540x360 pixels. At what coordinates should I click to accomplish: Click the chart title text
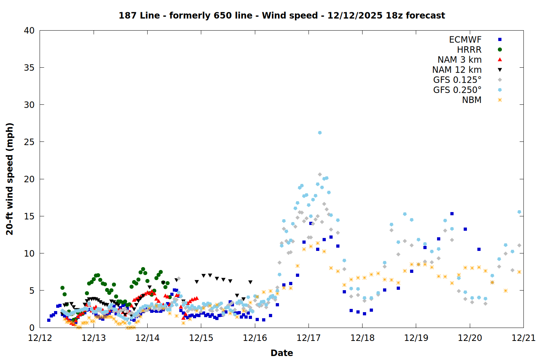(282, 15)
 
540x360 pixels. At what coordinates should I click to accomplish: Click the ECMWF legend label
(465, 40)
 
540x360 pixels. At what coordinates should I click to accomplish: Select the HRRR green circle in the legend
(500, 50)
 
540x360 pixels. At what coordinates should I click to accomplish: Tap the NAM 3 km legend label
(459, 60)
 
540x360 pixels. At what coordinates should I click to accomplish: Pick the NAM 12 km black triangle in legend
(500, 70)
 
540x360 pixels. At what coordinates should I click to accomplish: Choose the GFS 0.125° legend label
(457, 80)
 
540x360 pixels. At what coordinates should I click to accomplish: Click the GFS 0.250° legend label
(457, 90)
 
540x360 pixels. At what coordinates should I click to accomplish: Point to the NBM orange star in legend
(500, 100)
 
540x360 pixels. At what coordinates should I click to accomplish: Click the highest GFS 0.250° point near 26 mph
(320, 133)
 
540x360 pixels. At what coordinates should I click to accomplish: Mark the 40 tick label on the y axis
(29, 31)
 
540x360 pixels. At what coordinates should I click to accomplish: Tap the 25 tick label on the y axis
(29, 142)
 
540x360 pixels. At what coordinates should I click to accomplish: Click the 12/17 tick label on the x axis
(309, 338)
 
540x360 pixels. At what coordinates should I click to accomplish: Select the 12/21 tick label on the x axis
(523, 338)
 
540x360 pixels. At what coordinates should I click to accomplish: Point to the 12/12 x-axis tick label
(40, 338)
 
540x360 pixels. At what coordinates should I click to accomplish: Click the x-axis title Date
(282, 353)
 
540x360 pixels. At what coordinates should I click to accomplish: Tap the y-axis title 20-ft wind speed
(10, 179)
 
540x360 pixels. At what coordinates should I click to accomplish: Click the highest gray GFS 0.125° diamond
(320, 174)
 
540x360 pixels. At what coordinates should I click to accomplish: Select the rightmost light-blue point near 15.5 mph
(519, 212)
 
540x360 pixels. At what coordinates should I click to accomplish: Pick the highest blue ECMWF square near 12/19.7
(452, 213)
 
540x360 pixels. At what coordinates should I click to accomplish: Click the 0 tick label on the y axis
(32, 328)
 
